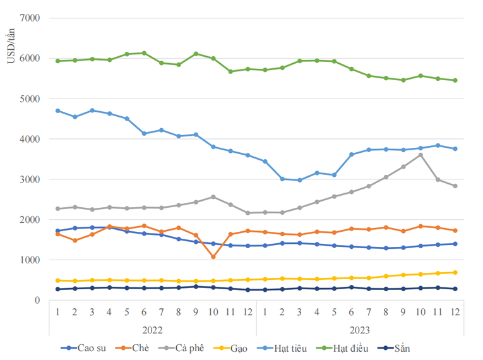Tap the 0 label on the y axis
click(37, 301)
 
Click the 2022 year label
click(153, 330)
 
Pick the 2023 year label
click(359, 330)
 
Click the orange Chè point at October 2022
click(213, 257)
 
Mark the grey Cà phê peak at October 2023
click(420, 155)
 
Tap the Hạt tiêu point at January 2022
click(58, 111)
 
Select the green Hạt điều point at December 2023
click(455, 80)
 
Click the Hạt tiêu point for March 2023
click(299, 180)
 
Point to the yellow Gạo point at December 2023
click(455, 273)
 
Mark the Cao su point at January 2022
click(58, 231)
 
